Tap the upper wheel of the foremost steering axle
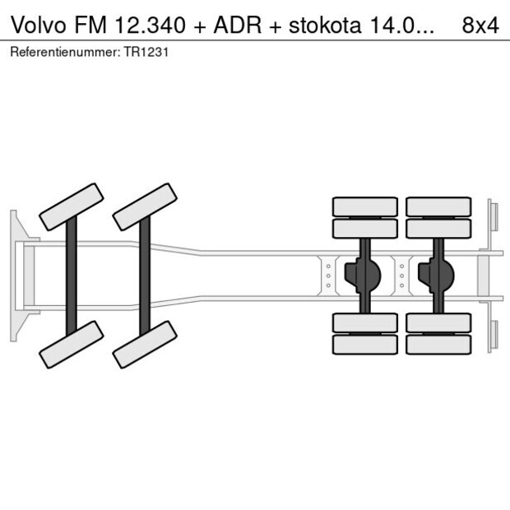72,206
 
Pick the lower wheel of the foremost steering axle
72,344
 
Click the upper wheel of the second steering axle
145,206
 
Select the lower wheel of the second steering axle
145,344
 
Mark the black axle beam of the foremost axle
72,275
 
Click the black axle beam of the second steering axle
145,275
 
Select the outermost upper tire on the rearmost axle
438,206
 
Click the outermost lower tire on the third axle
364,345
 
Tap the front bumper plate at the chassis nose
15,275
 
